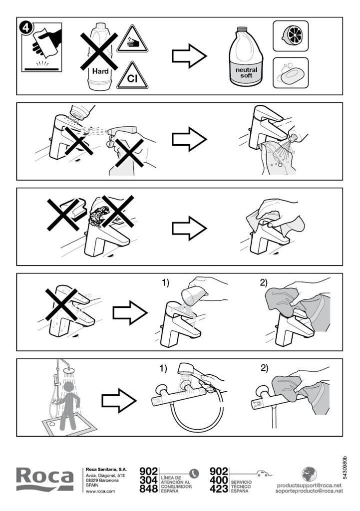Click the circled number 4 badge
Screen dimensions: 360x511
(26, 27)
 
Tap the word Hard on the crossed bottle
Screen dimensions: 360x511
(100, 71)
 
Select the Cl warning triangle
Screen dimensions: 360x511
(132, 76)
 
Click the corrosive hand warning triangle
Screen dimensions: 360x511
(132, 39)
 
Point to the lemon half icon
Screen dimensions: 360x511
(291, 36)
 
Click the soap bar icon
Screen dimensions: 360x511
(291, 73)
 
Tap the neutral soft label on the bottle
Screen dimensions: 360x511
(246, 72)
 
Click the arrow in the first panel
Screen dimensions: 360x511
(189, 56)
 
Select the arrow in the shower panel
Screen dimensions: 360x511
(119, 400)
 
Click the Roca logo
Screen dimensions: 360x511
(45, 479)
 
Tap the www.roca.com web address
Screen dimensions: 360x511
(100, 492)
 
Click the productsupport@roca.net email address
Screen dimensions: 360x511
(309, 485)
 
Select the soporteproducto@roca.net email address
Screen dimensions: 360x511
(309, 491)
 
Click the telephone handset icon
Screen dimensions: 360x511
(195, 473)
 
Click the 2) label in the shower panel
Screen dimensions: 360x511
(264, 369)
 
